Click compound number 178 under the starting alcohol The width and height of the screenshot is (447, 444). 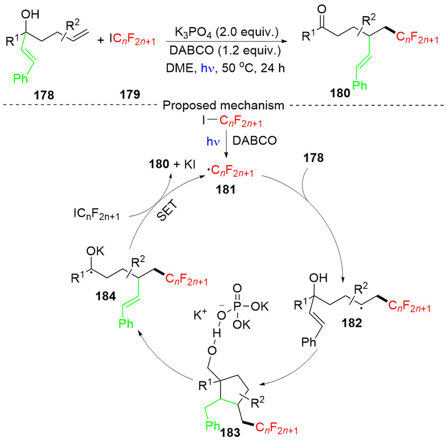(44, 95)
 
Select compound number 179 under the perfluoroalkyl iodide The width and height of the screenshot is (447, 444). (130, 95)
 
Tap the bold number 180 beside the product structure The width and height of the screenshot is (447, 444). (340, 93)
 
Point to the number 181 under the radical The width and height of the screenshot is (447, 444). (225, 190)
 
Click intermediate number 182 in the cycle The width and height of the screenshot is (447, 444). (352, 323)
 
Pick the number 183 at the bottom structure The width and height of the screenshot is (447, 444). (230, 432)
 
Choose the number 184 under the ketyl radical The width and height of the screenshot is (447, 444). (106, 296)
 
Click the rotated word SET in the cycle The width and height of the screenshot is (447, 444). (167, 210)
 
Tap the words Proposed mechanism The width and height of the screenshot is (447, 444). (223, 105)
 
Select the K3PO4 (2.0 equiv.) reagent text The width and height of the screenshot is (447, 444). (227, 33)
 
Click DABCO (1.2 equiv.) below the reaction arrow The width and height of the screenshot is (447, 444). (225, 50)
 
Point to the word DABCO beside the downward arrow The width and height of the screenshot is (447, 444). (255, 141)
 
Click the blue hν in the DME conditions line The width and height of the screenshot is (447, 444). (207, 68)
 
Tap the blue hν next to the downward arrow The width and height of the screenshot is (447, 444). (213, 141)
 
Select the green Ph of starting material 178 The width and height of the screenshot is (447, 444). (21, 78)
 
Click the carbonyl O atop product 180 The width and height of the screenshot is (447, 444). (322, 9)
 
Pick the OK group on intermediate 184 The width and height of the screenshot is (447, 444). (95, 251)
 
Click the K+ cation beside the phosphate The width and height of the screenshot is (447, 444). (200, 315)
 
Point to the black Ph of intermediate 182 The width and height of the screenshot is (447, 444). (309, 341)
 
